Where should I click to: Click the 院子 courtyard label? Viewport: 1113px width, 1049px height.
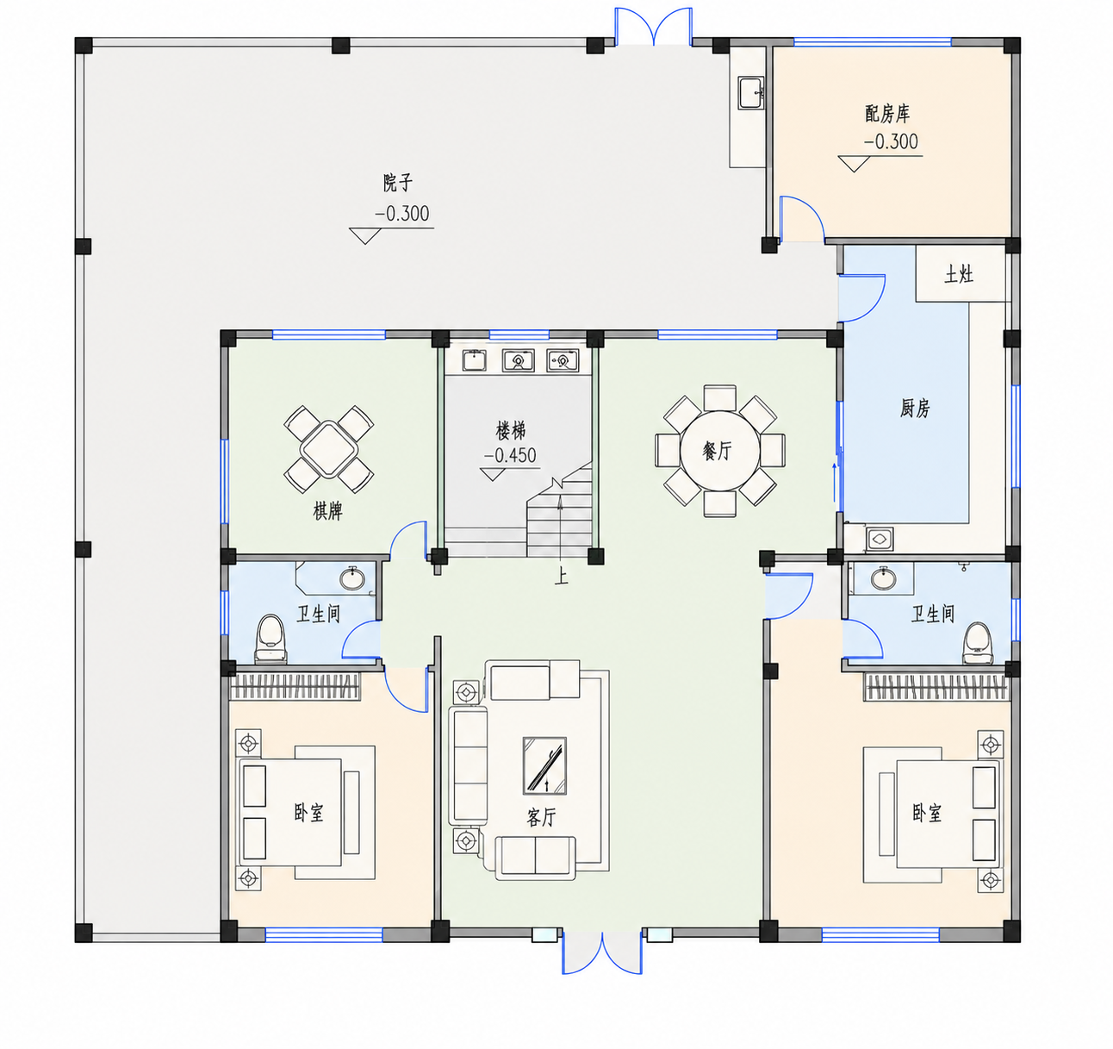pos(398,183)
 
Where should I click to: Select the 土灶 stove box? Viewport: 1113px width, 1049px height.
pos(960,274)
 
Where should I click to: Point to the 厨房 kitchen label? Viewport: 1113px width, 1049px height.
pos(915,408)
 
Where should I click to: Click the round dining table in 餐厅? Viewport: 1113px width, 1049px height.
pos(719,451)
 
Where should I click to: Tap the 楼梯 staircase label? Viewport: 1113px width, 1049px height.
pos(511,430)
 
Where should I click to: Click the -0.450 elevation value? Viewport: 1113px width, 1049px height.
pos(510,455)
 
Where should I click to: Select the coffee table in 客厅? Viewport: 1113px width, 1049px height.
pos(544,765)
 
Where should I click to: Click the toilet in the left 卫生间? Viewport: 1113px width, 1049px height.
pos(270,639)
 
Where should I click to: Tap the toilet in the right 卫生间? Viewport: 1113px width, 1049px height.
pos(978,643)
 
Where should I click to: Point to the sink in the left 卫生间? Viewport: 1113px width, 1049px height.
pos(352,578)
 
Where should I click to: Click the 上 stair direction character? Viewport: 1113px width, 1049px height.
pos(561,576)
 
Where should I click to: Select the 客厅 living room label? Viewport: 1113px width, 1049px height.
pos(541,817)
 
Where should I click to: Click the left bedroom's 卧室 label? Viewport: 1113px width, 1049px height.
pos(308,812)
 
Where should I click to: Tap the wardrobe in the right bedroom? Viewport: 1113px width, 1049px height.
pos(936,687)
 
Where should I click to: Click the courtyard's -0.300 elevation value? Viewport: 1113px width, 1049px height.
pos(401,214)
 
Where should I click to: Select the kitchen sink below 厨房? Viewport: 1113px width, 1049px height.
pos(880,538)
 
